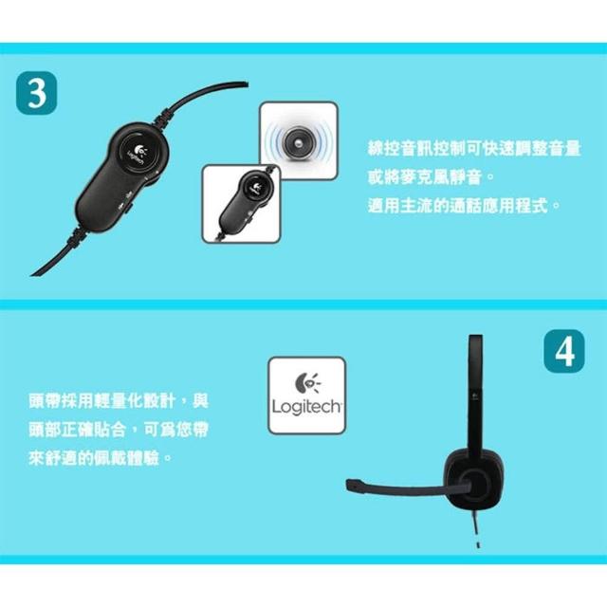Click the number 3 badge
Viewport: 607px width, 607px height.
point(37,93)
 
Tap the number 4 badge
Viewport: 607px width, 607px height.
point(564,351)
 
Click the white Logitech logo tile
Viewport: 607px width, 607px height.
point(306,395)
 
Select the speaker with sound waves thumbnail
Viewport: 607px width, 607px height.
point(299,140)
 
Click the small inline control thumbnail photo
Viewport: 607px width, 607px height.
point(241,204)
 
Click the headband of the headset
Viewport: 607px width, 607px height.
point(475,391)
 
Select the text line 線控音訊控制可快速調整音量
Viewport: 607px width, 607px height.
point(474,149)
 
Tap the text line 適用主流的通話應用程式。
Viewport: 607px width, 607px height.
point(464,205)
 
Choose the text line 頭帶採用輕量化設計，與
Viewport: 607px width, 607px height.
point(119,401)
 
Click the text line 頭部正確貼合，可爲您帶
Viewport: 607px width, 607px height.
point(119,430)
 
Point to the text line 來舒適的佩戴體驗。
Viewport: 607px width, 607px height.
point(101,459)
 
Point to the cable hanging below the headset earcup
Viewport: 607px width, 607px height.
point(476,528)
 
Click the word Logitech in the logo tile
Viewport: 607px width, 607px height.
point(306,408)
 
